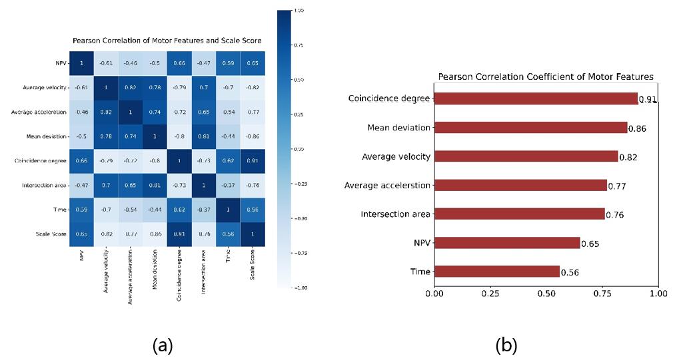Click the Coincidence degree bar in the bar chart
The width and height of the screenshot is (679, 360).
pos(536,99)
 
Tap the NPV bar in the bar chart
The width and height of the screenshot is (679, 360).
pos(507,243)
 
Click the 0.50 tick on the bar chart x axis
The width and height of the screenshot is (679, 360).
pos(546,293)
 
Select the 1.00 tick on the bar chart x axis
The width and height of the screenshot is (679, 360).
pos(658,293)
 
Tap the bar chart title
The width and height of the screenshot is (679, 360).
pos(545,77)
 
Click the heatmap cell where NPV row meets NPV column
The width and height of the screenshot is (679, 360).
pos(81,63)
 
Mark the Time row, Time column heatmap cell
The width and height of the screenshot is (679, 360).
pos(227,210)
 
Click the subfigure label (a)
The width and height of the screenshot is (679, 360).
pos(163,345)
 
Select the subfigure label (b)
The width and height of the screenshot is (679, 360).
pos(506,345)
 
